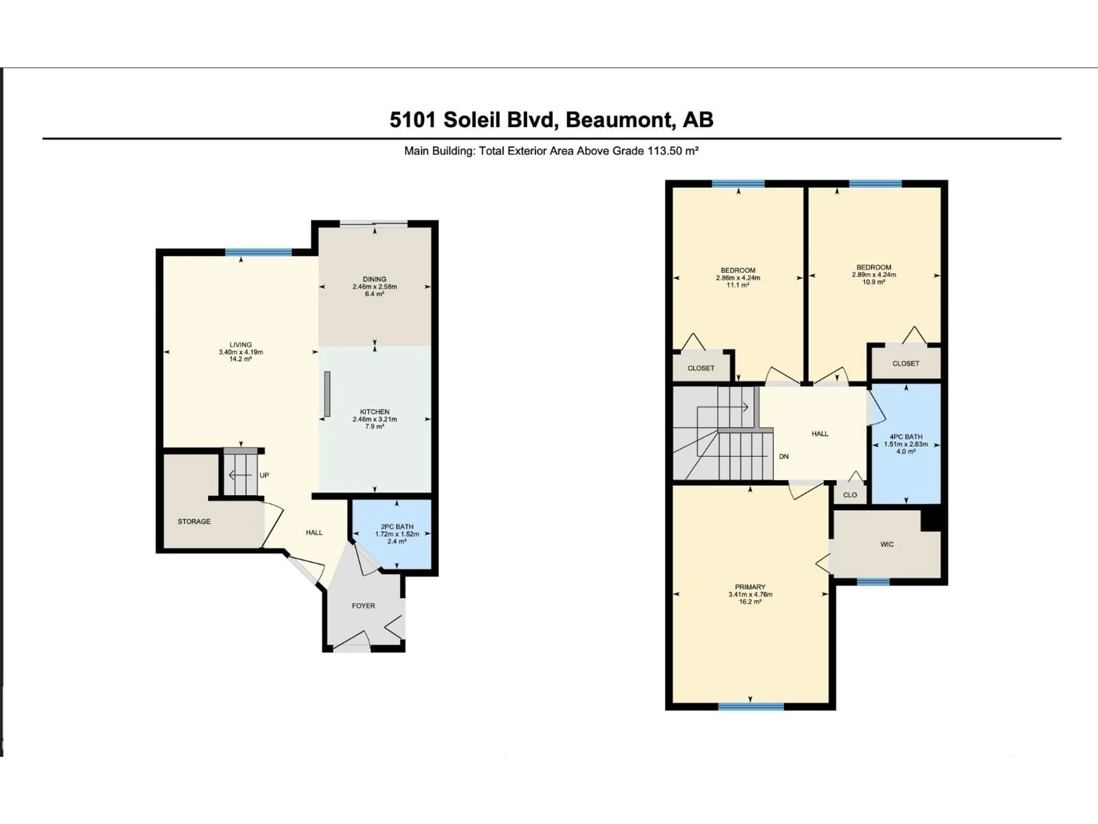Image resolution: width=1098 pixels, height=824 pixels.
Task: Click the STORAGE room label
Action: [x=194, y=522]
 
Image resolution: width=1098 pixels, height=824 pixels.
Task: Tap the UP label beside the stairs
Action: [x=264, y=475]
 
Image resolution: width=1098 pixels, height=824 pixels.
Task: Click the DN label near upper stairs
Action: [x=784, y=456]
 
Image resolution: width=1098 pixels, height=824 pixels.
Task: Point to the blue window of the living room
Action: [x=258, y=252]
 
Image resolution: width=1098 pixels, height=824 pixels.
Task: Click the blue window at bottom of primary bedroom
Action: [x=751, y=706]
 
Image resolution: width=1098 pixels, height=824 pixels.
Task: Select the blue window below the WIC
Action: [x=873, y=582]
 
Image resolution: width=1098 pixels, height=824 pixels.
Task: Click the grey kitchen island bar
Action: [x=327, y=394]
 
